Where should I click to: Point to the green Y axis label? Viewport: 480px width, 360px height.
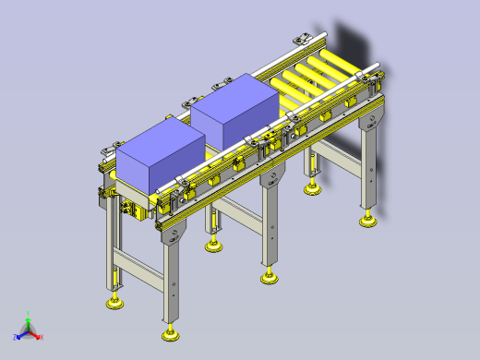(x=29, y=313)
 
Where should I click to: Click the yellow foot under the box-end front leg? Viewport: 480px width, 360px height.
(x=170, y=330)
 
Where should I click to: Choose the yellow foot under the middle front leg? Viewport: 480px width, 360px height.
(x=270, y=276)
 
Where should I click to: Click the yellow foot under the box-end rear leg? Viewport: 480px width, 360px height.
(x=115, y=301)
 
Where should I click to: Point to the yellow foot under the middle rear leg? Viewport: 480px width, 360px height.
(x=215, y=246)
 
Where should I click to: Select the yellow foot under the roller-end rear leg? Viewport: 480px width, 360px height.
(x=313, y=188)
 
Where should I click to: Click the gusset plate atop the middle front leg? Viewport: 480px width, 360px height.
(x=270, y=176)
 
